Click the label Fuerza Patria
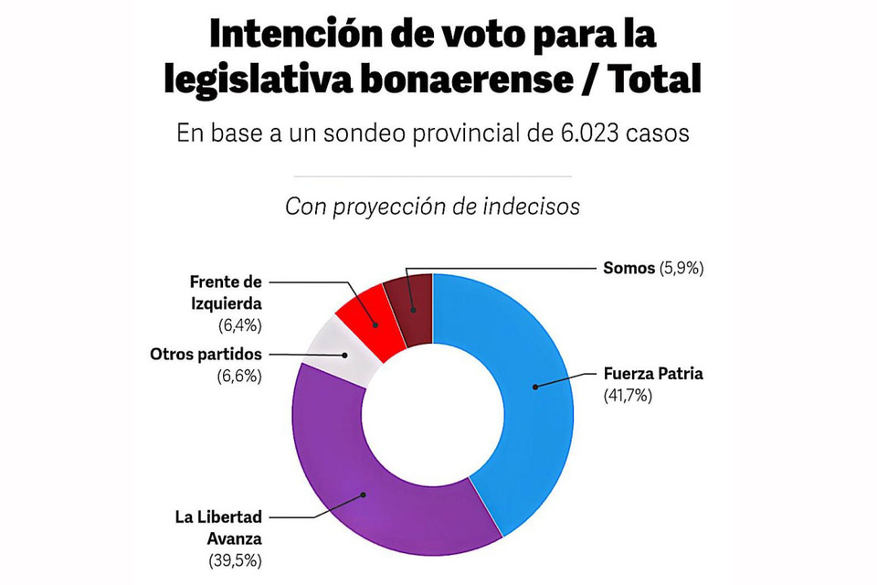coord(653,373)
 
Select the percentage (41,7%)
coord(628,396)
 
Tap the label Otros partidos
coord(205,354)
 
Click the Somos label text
coord(629,268)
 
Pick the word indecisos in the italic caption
coord(533,207)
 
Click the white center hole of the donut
coord(432,413)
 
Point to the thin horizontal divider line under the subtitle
coord(432,176)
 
